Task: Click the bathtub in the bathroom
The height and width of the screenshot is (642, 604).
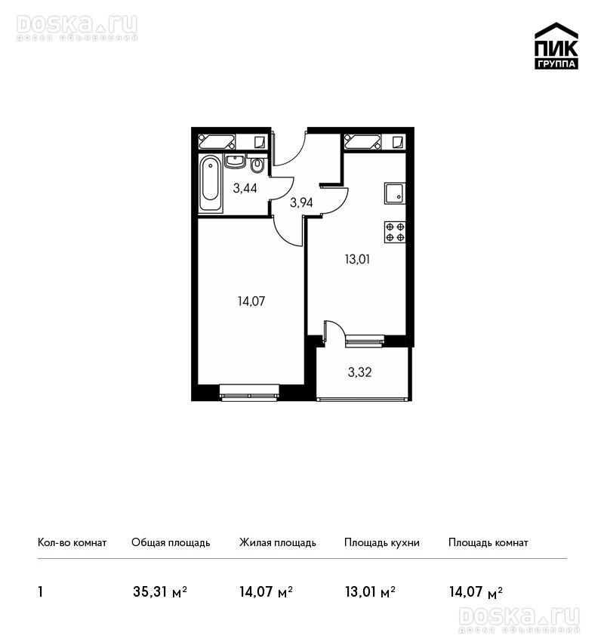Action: tap(211, 184)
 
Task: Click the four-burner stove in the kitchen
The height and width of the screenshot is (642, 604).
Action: tap(395, 232)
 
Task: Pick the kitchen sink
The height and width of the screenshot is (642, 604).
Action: tap(394, 193)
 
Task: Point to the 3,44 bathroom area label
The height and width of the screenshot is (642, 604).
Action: tap(245, 188)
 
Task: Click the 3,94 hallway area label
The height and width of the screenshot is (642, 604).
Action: tap(301, 202)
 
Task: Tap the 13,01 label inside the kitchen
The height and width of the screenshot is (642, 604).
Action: tap(357, 259)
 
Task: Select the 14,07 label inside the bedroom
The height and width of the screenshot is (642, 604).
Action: tap(251, 301)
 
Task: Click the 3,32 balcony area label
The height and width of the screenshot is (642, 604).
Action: tap(359, 372)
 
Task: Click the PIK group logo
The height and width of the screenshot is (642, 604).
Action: tap(556, 45)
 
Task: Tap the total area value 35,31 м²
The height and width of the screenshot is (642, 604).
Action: tap(160, 592)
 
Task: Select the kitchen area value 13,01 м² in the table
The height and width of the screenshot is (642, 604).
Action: tap(371, 592)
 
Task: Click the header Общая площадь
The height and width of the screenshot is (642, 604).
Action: tap(171, 543)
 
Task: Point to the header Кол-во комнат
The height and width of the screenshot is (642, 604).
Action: tap(72, 542)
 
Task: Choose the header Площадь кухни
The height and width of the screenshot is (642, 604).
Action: tap(382, 543)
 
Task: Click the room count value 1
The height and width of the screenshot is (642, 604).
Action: tap(40, 592)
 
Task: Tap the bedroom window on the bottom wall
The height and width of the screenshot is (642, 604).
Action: tap(249, 391)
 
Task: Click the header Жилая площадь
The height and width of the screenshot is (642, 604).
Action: tap(278, 543)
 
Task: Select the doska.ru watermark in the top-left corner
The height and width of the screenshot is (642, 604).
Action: tap(77, 28)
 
